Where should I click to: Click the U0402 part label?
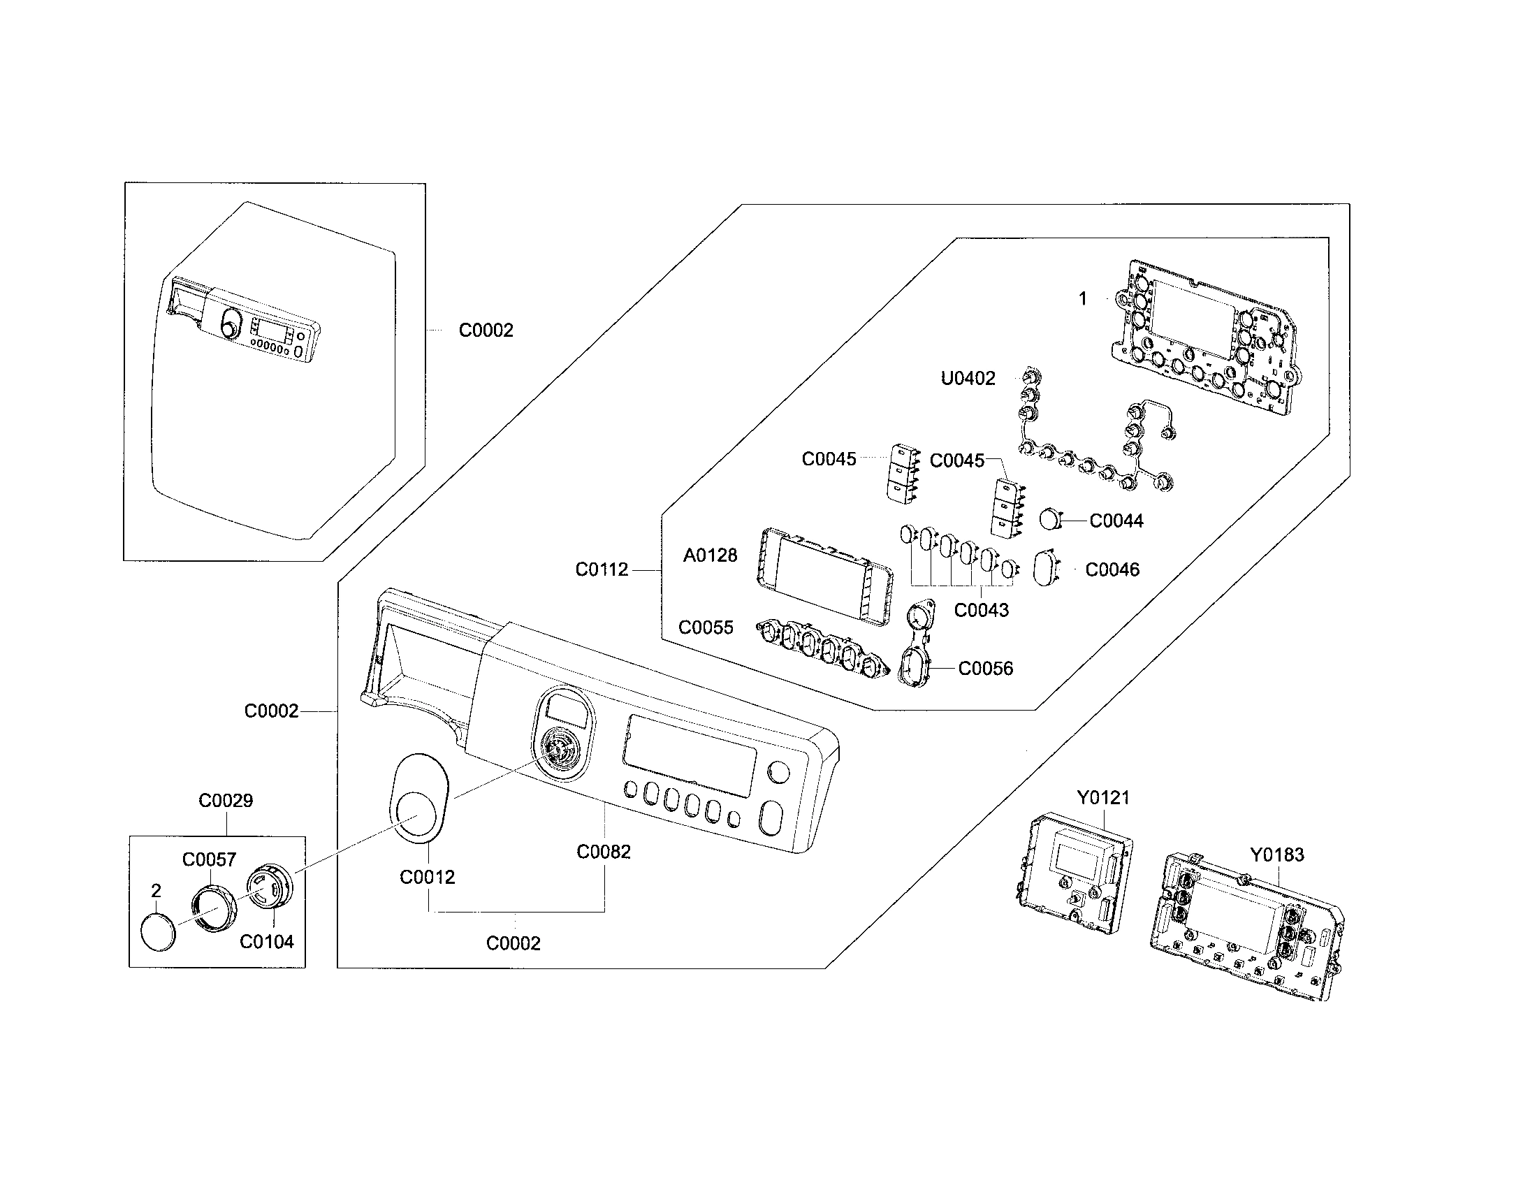click(968, 379)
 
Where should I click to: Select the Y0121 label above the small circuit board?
click(1102, 797)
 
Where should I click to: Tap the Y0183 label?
click(1276, 855)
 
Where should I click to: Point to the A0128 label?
click(710, 555)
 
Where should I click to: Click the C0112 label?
click(602, 569)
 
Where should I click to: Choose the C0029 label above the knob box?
click(225, 800)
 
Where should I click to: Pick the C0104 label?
click(267, 942)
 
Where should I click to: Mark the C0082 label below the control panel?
click(603, 852)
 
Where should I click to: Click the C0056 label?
click(985, 668)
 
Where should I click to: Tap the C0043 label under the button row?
click(981, 610)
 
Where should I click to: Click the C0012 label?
click(427, 877)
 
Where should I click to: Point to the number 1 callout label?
click(1082, 299)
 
